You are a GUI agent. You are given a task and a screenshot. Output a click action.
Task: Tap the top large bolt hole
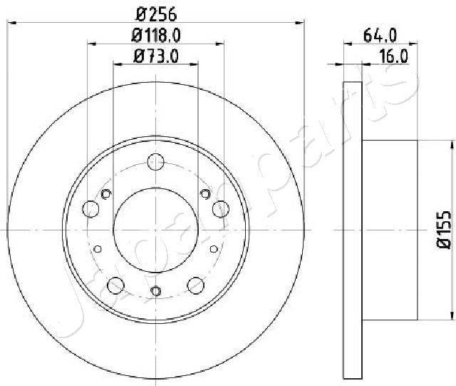tap(155, 161)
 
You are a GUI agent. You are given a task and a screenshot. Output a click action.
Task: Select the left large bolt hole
tap(90, 208)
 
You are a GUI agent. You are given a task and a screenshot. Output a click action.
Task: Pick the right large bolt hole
tap(221, 208)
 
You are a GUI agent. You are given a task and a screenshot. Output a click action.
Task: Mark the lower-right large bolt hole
tap(196, 286)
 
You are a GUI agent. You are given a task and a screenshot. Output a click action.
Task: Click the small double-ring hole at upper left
tap(107, 195)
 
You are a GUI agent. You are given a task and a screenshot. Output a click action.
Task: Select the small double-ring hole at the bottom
tap(155, 290)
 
